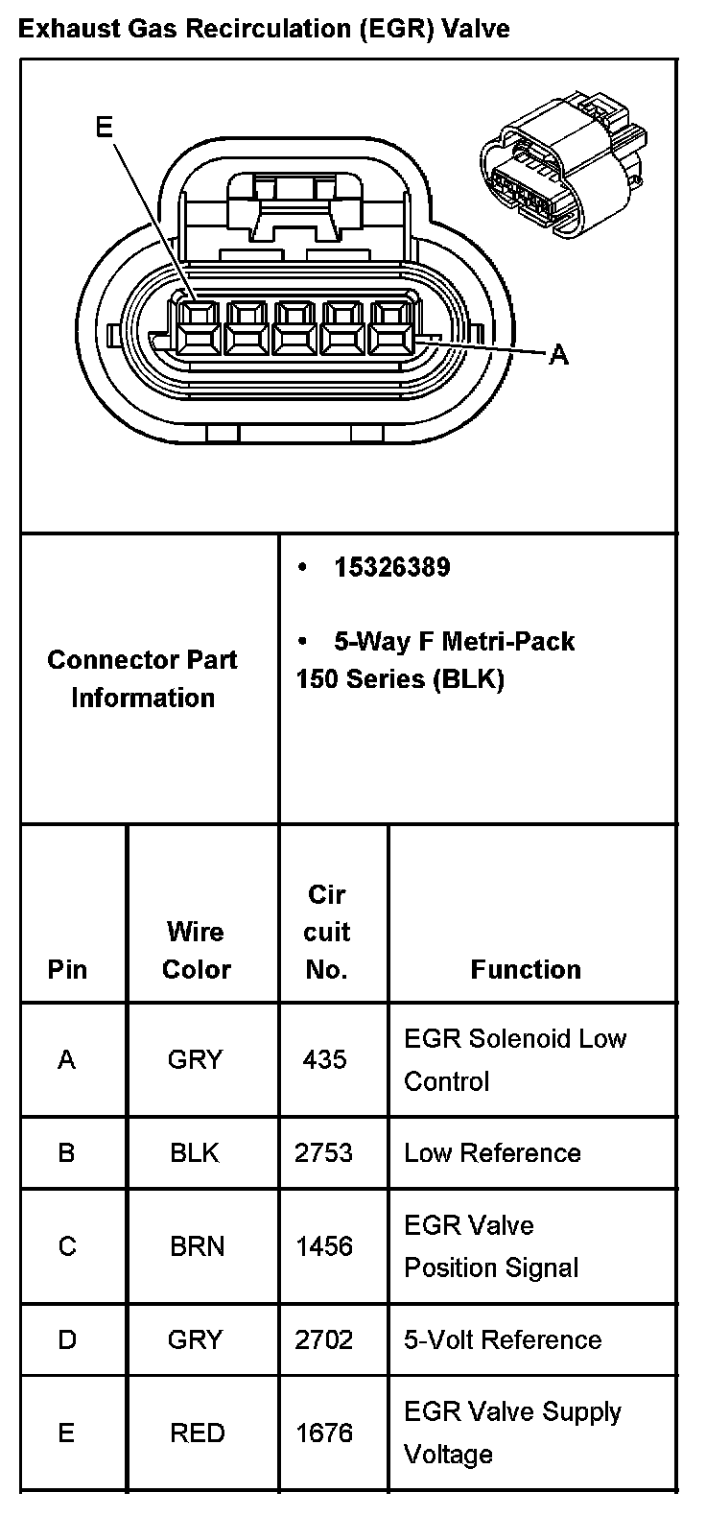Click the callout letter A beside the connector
click(559, 356)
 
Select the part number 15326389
click(391, 567)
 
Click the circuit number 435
click(324, 1059)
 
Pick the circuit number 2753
click(324, 1152)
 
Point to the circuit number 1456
click(324, 1246)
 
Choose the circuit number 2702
click(324, 1339)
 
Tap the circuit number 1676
click(324, 1433)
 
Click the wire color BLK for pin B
click(195, 1152)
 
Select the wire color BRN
click(197, 1246)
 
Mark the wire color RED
click(197, 1433)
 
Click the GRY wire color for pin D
click(195, 1339)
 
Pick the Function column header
click(526, 969)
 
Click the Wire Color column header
click(197, 950)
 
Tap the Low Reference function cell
click(492, 1152)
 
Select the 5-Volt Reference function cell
click(503, 1339)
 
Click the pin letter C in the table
click(67, 1246)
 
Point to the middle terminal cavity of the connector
click(292, 326)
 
